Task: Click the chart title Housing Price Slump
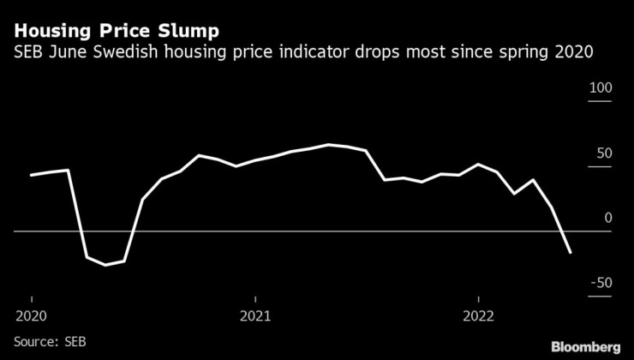point(116,30)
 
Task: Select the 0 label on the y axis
point(608,219)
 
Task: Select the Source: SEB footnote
point(50,342)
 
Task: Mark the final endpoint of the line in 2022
point(571,253)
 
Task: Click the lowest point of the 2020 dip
point(105,265)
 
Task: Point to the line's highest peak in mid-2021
point(329,145)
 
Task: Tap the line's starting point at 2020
point(32,175)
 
